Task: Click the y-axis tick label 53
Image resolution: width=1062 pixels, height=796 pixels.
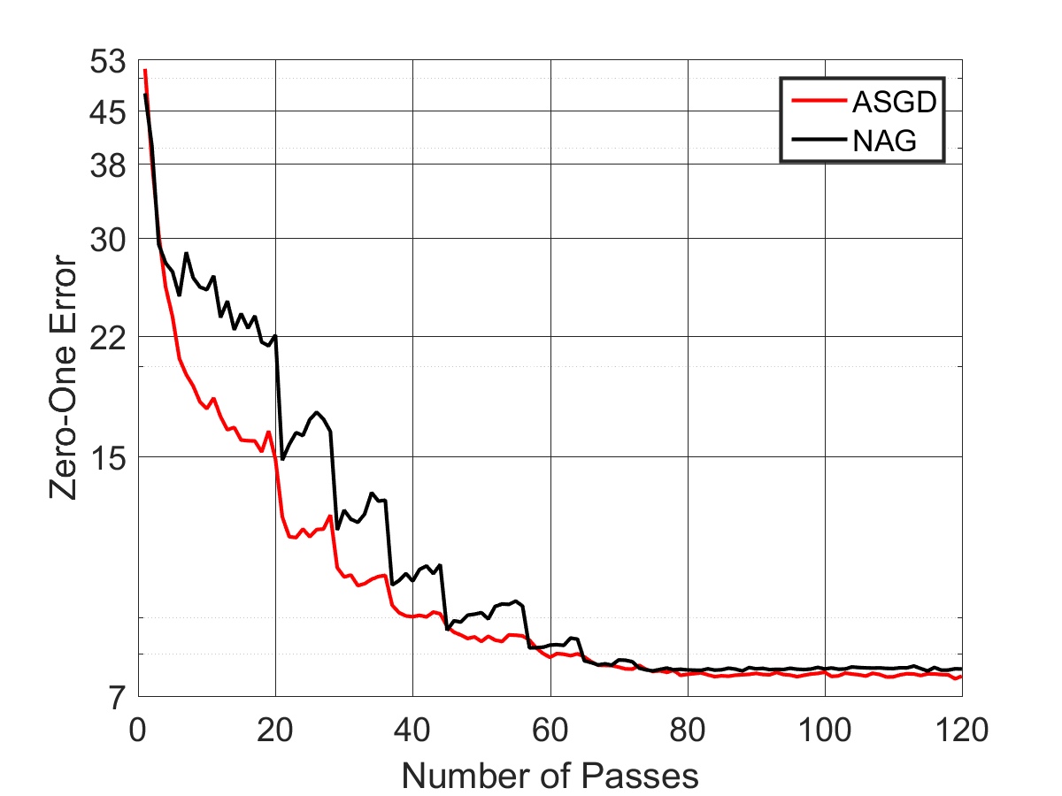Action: click(x=107, y=62)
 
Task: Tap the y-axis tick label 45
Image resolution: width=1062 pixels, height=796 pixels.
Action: click(x=107, y=113)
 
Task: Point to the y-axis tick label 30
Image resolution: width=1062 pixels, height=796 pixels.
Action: click(x=107, y=240)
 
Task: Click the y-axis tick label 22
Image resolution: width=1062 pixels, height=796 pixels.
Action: click(x=107, y=338)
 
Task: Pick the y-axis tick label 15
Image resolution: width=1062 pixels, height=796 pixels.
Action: click(x=108, y=458)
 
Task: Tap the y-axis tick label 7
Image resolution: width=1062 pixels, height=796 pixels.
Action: click(x=117, y=698)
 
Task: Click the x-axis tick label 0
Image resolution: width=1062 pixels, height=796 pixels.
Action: click(x=137, y=730)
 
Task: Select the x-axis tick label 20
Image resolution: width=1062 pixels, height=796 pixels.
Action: click(x=275, y=730)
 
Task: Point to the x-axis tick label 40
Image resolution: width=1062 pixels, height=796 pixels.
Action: click(x=412, y=730)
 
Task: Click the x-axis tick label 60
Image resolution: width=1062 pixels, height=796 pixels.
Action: click(x=550, y=730)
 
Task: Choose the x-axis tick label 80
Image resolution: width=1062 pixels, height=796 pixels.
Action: click(x=688, y=730)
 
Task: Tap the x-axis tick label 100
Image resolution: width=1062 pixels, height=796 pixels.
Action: click(x=825, y=730)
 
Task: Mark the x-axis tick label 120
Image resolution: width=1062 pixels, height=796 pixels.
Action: click(x=962, y=730)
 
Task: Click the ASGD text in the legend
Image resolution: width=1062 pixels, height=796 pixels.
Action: click(x=895, y=102)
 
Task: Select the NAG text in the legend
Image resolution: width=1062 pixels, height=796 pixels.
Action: click(x=884, y=142)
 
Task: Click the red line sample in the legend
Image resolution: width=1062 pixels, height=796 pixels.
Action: click(x=820, y=101)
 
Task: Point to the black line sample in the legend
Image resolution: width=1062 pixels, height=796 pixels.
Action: click(x=820, y=140)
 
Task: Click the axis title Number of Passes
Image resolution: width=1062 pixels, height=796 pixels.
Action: click(x=550, y=777)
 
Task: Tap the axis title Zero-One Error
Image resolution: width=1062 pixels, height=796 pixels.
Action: click(x=63, y=378)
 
